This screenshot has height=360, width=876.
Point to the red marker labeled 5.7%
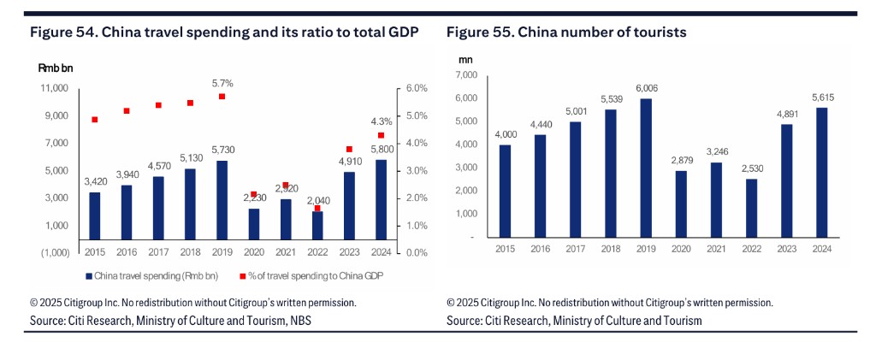(222, 97)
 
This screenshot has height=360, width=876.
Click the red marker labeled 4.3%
(381, 135)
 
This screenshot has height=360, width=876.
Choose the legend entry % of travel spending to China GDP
(311, 276)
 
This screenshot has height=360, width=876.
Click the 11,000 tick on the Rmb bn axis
(54, 88)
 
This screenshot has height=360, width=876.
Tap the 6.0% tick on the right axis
(417, 88)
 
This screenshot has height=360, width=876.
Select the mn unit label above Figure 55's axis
(465, 59)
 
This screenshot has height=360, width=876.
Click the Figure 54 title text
(224, 32)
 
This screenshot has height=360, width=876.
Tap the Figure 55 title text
(566, 32)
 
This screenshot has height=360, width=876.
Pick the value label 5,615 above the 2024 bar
(822, 97)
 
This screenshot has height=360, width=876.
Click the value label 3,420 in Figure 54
(94, 182)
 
